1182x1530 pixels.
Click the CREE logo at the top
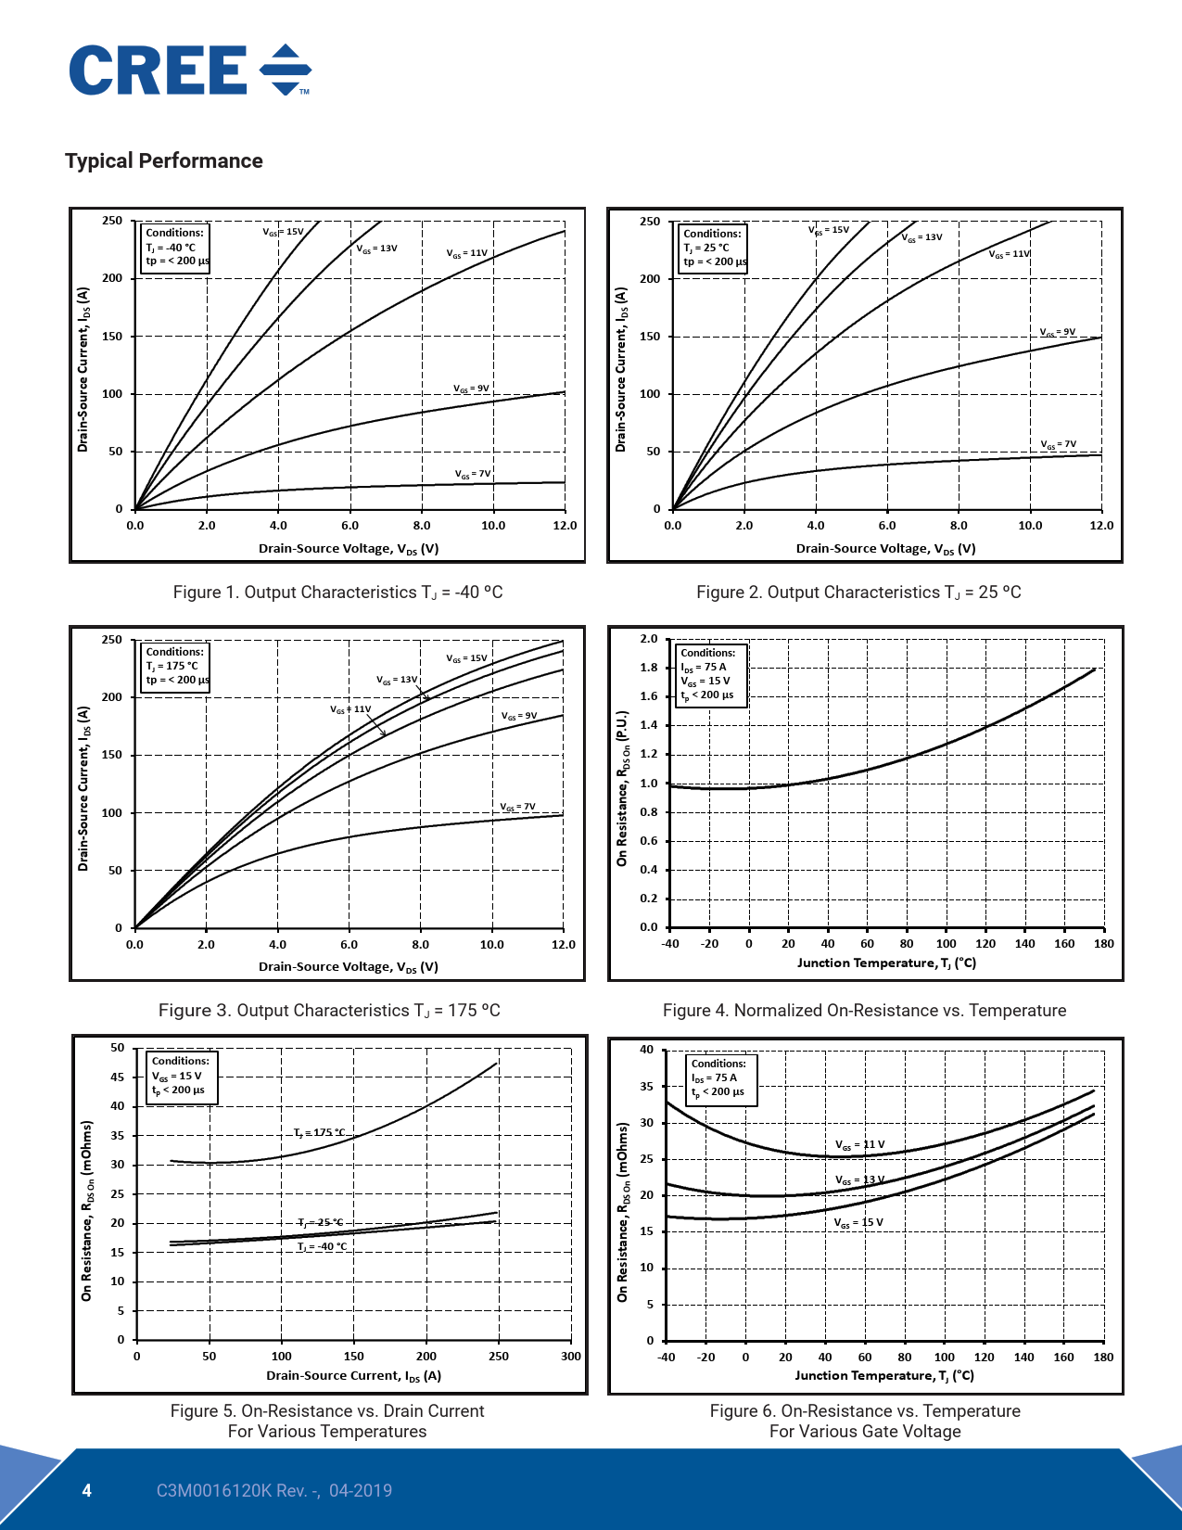click(x=190, y=70)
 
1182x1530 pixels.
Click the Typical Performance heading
click(x=164, y=161)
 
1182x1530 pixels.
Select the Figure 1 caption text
click(x=337, y=593)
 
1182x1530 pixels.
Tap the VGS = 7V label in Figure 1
click(x=473, y=474)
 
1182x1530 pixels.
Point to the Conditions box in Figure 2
click(x=712, y=248)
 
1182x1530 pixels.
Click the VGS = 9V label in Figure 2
click(x=1057, y=332)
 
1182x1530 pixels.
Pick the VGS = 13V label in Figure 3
click(x=397, y=680)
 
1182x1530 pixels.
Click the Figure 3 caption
click(x=329, y=1011)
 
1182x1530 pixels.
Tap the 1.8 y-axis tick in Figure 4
click(x=649, y=668)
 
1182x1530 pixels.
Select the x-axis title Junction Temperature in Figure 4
click(x=886, y=963)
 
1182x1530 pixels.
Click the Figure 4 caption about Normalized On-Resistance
click(x=864, y=1011)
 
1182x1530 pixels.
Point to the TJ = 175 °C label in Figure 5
click(x=319, y=1132)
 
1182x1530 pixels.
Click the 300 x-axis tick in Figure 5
click(x=571, y=1357)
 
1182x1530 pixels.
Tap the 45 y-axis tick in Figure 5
click(x=118, y=1077)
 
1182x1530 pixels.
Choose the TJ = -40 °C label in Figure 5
click(x=322, y=1246)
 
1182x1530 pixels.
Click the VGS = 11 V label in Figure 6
click(x=859, y=1145)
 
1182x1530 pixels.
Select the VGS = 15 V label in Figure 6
click(x=858, y=1223)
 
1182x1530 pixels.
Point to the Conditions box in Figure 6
click(x=721, y=1078)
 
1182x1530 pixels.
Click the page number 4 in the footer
click(x=87, y=1491)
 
